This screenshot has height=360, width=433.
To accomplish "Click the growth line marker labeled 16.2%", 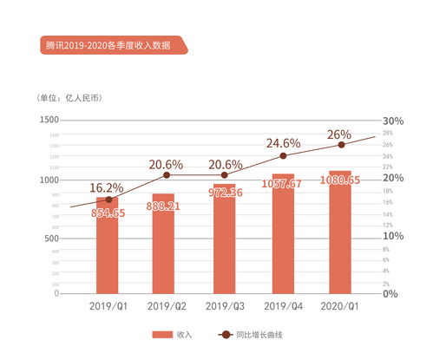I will coord(108,200).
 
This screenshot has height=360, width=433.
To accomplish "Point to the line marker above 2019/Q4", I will coord(282,156).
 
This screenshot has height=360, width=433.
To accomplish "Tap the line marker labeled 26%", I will coord(340,145).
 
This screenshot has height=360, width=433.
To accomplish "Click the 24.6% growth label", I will coord(283,142).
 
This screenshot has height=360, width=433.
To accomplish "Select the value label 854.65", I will coord(108,213).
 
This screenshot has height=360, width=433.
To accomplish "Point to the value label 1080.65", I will coord(340,184).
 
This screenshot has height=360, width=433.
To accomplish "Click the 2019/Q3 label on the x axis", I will coord(224,306).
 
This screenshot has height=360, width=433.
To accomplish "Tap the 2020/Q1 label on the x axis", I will coord(340,306).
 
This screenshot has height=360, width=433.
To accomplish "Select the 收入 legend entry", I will coord(174,335).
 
